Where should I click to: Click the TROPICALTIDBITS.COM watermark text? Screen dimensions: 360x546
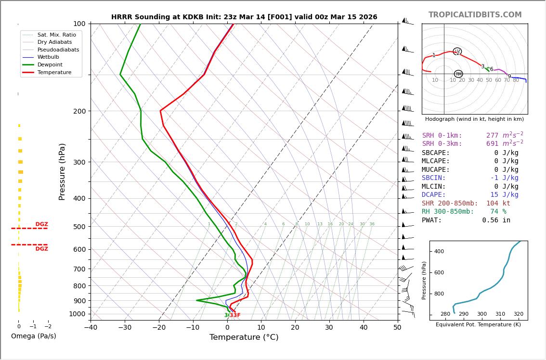(475, 15)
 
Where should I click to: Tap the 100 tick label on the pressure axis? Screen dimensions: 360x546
(79, 24)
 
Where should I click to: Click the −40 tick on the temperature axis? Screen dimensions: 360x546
(91, 327)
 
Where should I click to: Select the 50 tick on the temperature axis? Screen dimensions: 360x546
(397, 327)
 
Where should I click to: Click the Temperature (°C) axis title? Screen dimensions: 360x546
(244, 337)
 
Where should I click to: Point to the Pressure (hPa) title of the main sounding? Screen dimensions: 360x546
(62, 171)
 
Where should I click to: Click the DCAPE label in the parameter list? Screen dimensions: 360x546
(434, 195)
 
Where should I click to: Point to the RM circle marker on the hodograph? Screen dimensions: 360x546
(458, 74)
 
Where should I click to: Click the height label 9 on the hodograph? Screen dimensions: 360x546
(509, 77)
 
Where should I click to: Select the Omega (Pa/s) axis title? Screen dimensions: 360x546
(33, 336)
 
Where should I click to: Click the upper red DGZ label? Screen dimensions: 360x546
(41, 224)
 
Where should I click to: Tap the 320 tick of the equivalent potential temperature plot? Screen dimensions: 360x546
(518, 314)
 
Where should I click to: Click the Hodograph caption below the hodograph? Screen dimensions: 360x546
(474, 119)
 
